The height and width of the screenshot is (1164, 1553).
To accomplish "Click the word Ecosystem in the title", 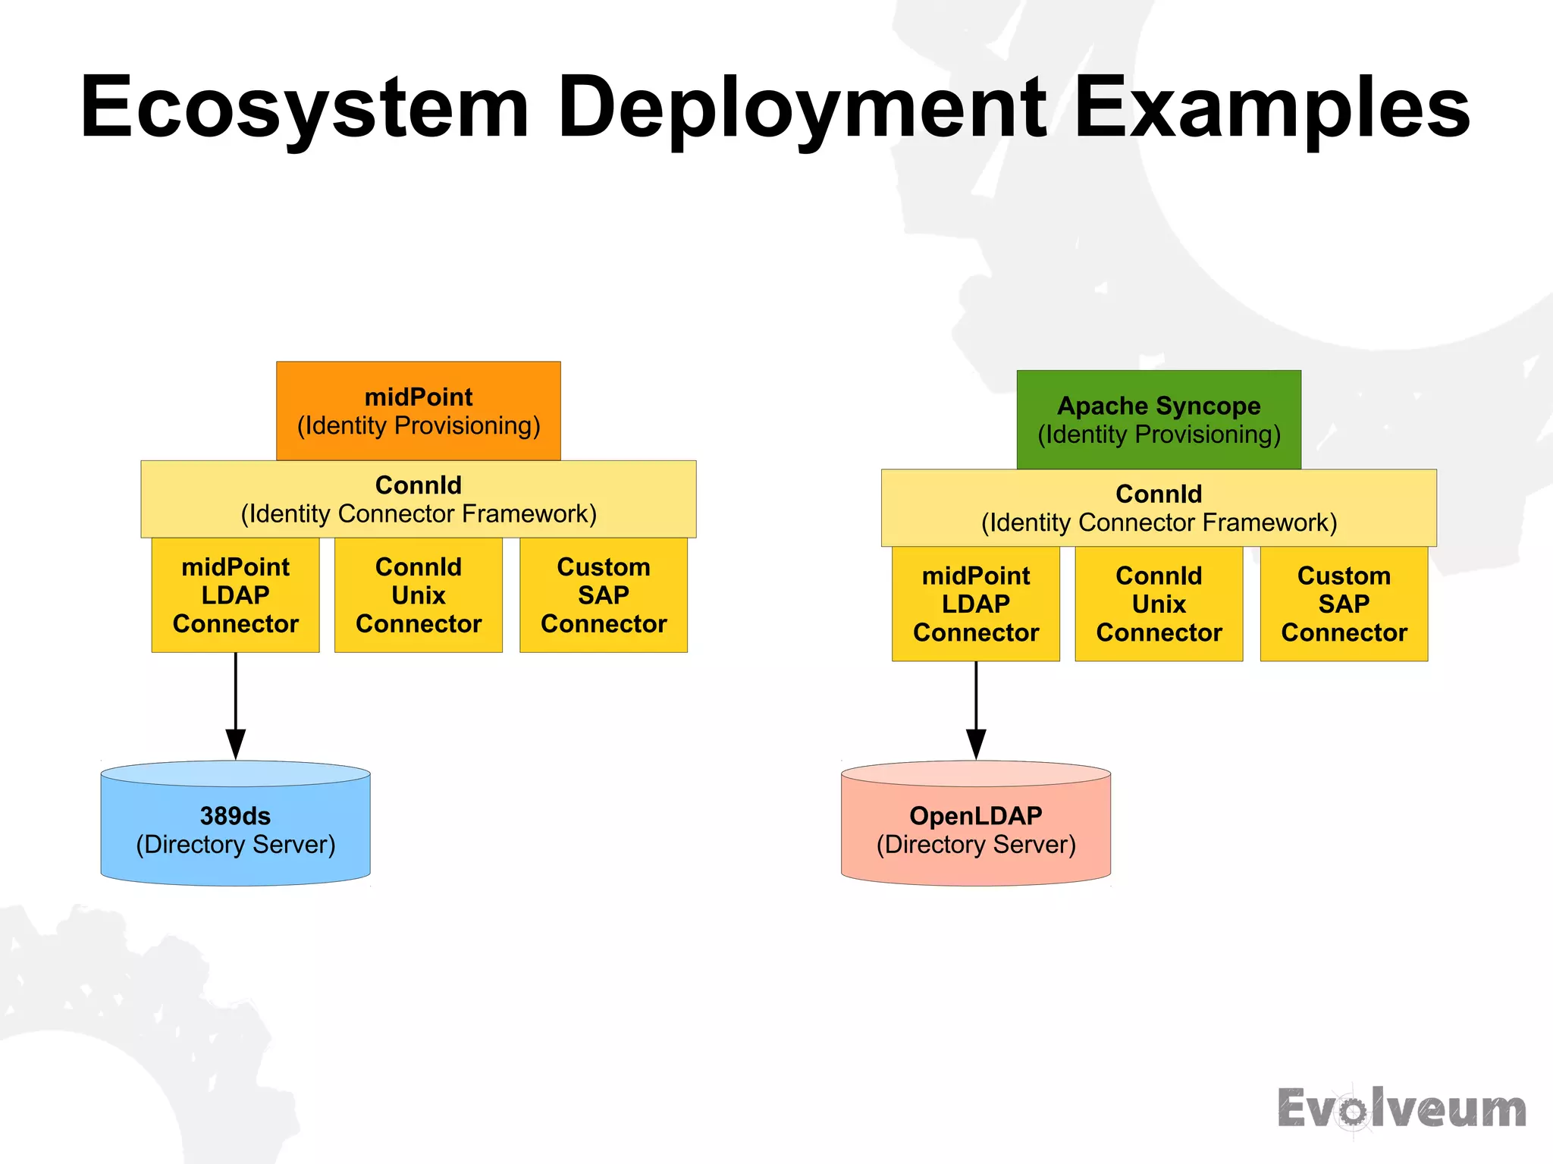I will coord(303,108).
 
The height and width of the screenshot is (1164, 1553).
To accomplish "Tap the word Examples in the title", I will coord(1272,108).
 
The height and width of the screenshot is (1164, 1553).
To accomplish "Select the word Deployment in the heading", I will coord(802,108).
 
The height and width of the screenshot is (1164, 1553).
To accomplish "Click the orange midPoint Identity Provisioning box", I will coord(419,411).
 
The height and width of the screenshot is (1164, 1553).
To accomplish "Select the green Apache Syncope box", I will coord(1159,420).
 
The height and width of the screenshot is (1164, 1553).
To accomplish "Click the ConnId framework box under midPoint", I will coord(419,499).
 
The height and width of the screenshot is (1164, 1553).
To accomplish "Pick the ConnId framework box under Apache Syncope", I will coord(1159,508).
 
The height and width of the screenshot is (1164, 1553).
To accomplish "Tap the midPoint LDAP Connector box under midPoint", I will coord(235,595).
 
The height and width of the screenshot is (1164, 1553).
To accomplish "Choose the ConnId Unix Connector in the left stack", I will coord(419,595).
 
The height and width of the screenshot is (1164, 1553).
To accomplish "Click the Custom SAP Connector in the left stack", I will coord(604,595).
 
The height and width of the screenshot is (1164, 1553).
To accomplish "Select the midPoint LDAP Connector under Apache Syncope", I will coord(976,604).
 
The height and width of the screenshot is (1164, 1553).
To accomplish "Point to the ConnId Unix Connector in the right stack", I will coord(1159,604).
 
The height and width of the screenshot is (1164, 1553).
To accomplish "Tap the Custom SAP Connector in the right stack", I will coord(1344,604).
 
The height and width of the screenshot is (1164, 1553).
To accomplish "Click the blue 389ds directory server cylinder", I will coord(235,830).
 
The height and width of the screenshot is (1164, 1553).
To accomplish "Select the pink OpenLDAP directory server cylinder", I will coord(976,830).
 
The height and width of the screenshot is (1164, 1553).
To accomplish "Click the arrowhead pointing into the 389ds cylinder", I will coord(236,743).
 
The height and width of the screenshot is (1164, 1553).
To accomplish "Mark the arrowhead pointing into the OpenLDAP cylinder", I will coord(976,743).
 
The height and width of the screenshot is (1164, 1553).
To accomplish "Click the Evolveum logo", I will coord(1401,1109).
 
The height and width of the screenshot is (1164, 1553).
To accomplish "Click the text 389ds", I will coord(235,816).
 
